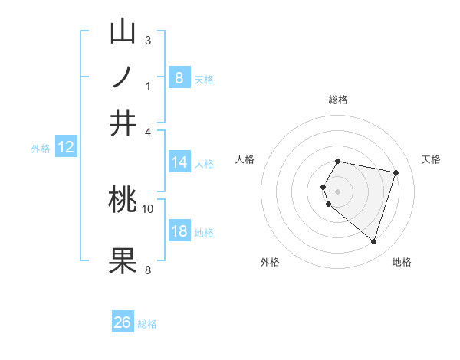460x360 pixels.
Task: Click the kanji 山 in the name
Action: coord(123,32)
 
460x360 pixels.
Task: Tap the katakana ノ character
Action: coord(123,77)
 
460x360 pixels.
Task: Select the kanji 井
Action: coord(123,123)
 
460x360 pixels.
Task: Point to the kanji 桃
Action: coord(123,200)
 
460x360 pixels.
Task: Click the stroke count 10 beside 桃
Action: coord(148,208)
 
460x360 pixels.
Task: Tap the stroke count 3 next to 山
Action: coord(147,40)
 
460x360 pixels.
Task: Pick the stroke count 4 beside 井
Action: coord(148,131)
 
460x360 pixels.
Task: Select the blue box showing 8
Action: coord(179,77)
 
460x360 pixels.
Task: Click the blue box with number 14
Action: coord(179,162)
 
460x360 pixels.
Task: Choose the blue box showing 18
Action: coord(179,231)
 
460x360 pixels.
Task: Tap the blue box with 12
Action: coord(65,147)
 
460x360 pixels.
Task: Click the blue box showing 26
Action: coord(122,322)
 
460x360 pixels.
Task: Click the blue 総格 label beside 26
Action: coord(147,324)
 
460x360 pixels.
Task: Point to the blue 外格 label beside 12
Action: coord(40,149)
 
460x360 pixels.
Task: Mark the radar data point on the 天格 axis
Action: coord(396,173)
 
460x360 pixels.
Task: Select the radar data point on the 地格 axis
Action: coord(373,241)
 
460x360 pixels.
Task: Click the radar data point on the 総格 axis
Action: coord(337,161)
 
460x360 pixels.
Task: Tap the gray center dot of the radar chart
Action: coord(337,191)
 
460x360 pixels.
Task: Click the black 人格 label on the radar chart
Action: coord(245,159)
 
